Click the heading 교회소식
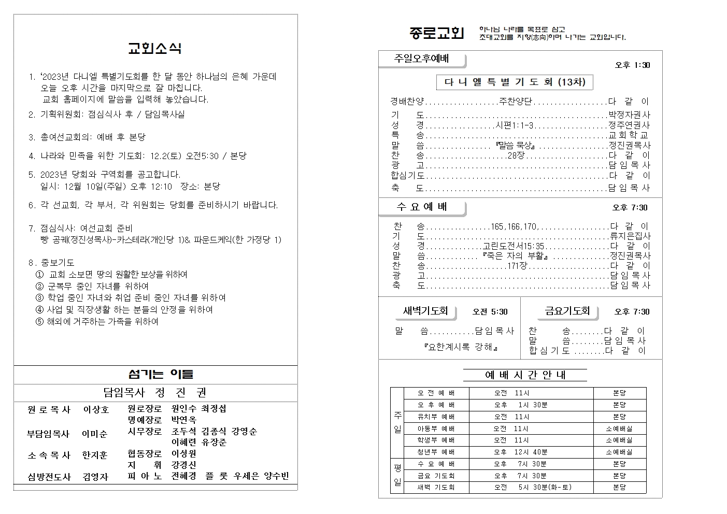[154, 49]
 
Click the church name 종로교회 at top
[436, 33]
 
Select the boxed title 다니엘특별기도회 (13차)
[515, 82]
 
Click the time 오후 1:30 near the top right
[632, 65]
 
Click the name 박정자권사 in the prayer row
[629, 115]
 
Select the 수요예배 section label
[422, 207]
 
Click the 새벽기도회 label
[425, 311]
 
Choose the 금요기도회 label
[567, 311]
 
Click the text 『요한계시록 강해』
[461, 347]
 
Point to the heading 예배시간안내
[525, 375]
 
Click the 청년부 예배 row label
[436, 452]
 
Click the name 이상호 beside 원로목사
[96, 410]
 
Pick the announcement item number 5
[31, 175]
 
